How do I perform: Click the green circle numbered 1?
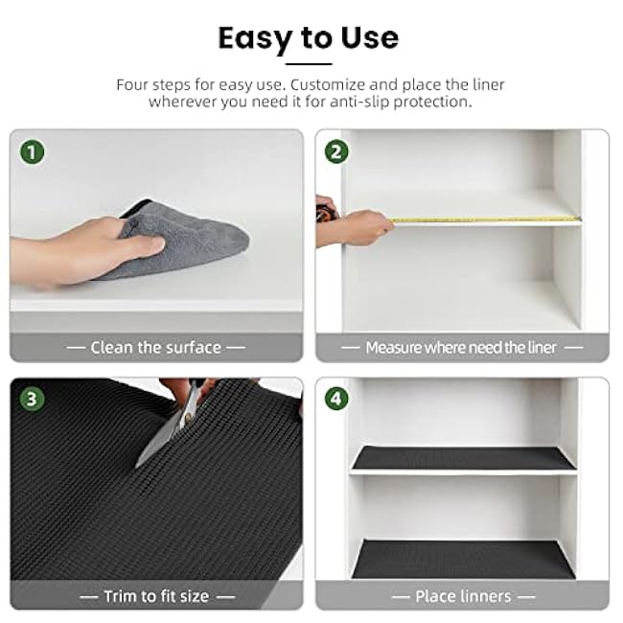click(33, 152)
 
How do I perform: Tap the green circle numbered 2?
click(336, 151)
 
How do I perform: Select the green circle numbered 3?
click(33, 400)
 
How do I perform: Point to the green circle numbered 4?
click(336, 399)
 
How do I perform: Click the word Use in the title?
click(370, 38)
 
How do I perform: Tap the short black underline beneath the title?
click(309, 63)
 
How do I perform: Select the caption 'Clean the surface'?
click(155, 348)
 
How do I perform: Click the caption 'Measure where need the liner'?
click(461, 348)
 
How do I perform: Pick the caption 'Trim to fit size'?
click(156, 596)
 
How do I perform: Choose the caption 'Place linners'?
click(463, 596)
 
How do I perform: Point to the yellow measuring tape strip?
click(484, 219)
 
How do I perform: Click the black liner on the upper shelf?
click(464, 458)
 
